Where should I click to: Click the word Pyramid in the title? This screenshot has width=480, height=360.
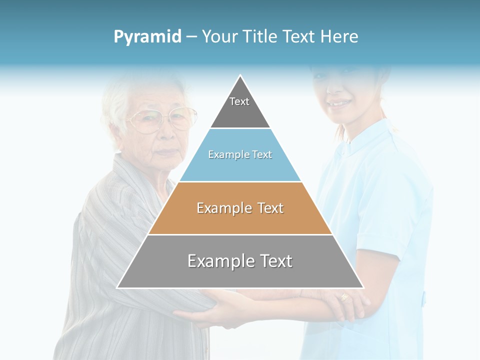pos(147,36)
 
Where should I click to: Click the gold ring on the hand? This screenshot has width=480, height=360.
pos(344,296)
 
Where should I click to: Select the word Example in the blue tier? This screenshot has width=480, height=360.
pos(223,155)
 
